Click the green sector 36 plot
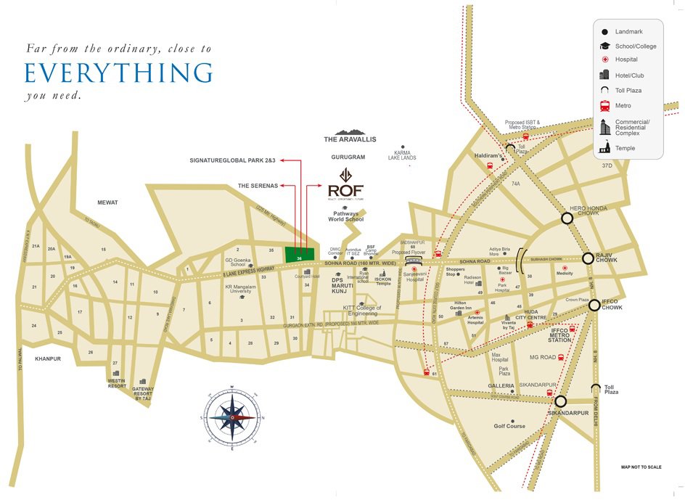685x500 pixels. click(x=300, y=255)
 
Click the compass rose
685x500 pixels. click(x=231, y=417)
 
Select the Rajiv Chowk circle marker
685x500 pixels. click(x=588, y=258)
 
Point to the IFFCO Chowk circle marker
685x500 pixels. click(x=594, y=305)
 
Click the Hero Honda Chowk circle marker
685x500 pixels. click(x=567, y=218)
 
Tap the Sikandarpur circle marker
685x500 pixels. click(x=560, y=401)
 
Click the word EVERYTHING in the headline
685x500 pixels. click(x=118, y=74)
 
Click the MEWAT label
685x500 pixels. click(x=107, y=202)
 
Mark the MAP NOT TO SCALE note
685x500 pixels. click(x=640, y=467)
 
